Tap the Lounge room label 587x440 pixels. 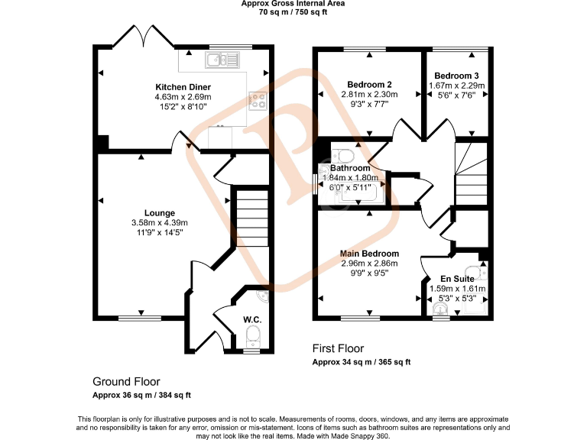point(159,213)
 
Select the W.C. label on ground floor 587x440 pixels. point(252,319)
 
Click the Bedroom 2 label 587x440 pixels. point(369,84)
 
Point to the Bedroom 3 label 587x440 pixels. point(456,76)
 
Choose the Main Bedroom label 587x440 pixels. point(369,254)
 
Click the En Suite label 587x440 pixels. point(456,279)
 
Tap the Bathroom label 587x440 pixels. point(350,168)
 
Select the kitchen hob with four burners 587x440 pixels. point(257,99)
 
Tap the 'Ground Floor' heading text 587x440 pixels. point(126,381)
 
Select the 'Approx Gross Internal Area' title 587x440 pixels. point(293,4)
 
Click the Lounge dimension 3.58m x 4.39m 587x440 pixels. point(159,222)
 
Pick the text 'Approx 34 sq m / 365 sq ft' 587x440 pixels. point(362,361)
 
